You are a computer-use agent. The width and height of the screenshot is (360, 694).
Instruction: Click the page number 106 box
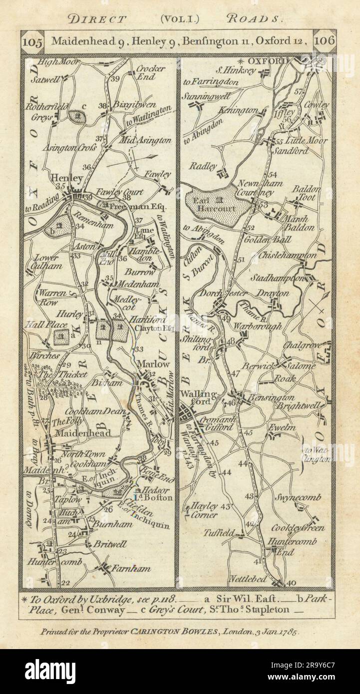(325, 39)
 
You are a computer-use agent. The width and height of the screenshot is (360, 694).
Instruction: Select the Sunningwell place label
(207, 95)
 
